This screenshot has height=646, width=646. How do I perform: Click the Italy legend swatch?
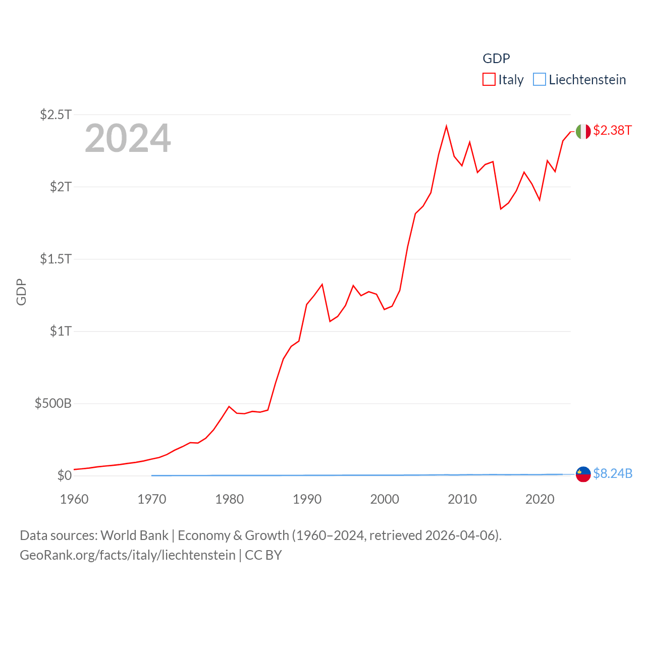pyautogui.click(x=489, y=80)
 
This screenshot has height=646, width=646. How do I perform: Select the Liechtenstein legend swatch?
pyautogui.click(x=540, y=80)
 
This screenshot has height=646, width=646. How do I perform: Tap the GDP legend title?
pyautogui.click(x=496, y=59)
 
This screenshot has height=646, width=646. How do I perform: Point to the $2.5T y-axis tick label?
pyautogui.click(x=56, y=115)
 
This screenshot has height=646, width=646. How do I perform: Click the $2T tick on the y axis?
pyautogui.click(x=61, y=187)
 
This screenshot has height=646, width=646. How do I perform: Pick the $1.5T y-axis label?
pyautogui.click(x=56, y=259)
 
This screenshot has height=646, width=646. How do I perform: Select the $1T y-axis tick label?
pyautogui.click(x=61, y=331)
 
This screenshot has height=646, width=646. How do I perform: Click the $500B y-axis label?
pyautogui.click(x=53, y=403)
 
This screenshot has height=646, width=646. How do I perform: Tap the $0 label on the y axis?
pyautogui.click(x=64, y=475)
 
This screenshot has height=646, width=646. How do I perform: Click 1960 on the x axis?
pyautogui.click(x=74, y=499)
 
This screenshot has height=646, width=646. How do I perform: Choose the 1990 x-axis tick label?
pyautogui.click(x=307, y=499)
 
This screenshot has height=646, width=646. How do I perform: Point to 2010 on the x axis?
pyautogui.click(x=462, y=499)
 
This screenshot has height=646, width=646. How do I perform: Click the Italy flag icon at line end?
pyautogui.click(x=583, y=131)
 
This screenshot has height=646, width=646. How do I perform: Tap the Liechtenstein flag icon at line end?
pyautogui.click(x=583, y=474)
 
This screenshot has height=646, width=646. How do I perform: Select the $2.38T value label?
pyautogui.click(x=612, y=130)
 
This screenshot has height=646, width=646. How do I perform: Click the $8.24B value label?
pyautogui.click(x=613, y=473)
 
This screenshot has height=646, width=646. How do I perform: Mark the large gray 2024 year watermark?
pyautogui.click(x=128, y=138)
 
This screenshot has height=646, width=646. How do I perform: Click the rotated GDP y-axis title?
pyautogui.click(x=21, y=292)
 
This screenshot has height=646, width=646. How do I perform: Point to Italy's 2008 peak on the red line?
pyautogui.click(x=446, y=126)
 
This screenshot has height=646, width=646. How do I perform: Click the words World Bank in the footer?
pyautogui.click(x=134, y=535)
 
